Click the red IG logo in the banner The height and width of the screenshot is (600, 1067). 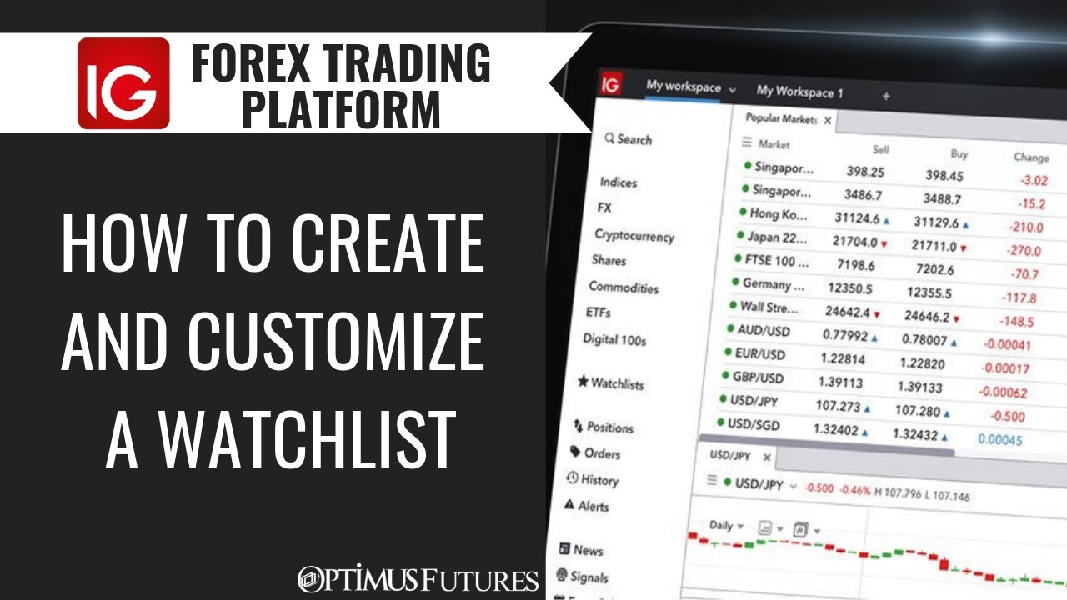(123, 83)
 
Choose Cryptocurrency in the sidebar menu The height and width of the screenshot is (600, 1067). (634, 236)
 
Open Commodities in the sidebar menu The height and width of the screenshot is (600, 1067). (624, 287)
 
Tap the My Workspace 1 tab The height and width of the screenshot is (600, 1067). (799, 92)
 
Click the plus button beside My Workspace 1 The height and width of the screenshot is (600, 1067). (885, 97)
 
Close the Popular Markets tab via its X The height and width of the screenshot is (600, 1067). (827, 121)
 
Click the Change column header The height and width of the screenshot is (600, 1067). (1031, 157)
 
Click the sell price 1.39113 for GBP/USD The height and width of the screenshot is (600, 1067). (839, 382)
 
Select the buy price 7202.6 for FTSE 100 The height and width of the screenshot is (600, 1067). (933, 269)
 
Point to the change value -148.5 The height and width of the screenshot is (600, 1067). (1017, 322)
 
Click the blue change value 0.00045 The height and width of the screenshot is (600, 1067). (999, 440)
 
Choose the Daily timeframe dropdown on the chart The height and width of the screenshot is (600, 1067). (726, 526)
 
